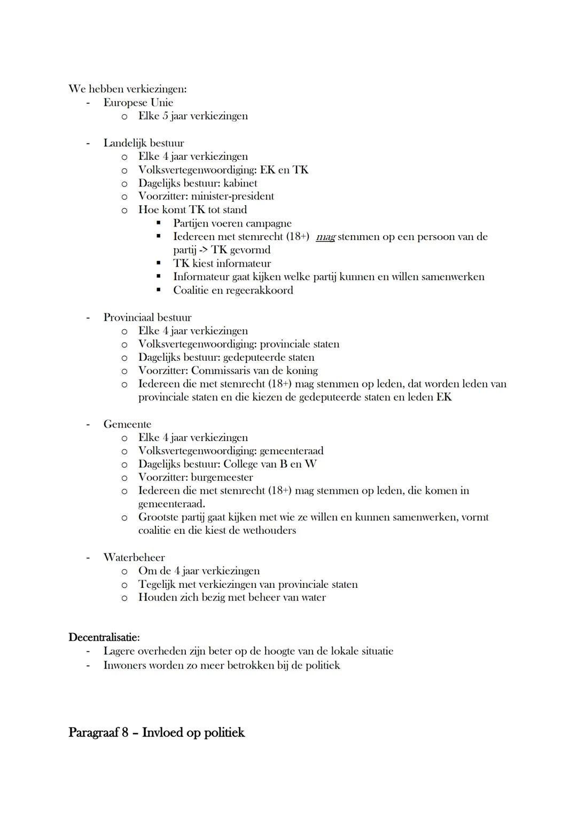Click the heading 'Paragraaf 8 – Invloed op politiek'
[x=156, y=733]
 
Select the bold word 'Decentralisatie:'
[x=104, y=638]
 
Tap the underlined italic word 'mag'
[x=325, y=237]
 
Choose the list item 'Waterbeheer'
[x=134, y=557]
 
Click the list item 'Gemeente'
[x=127, y=424]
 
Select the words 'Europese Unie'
[x=138, y=103]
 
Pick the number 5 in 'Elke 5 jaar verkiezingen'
[x=166, y=116]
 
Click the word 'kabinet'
[x=240, y=183]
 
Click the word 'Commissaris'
[x=221, y=370]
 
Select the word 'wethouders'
[x=269, y=531]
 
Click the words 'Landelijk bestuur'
[x=144, y=143]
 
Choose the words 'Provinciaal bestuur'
[x=147, y=317]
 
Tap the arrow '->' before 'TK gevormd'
[x=201, y=250]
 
